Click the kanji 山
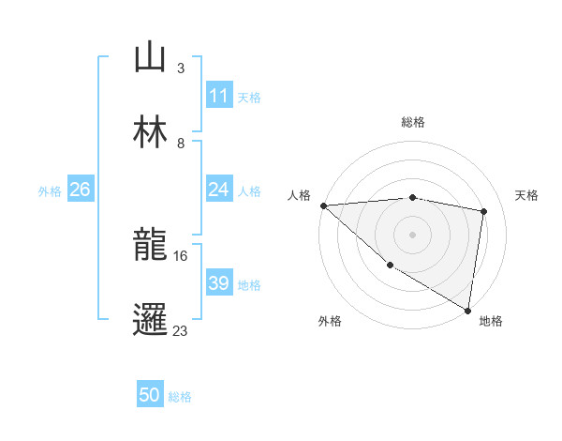[150, 58]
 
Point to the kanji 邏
[150, 320]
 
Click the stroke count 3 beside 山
[180, 68]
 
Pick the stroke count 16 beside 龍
[181, 255]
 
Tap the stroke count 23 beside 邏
[181, 330]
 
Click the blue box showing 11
[218, 96]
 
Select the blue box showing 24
[218, 190]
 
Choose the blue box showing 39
[218, 283]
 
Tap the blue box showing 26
[80, 190]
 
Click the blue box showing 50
[150, 396]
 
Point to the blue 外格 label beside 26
[50, 190]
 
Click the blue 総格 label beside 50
[180, 397]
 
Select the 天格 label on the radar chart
[527, 195]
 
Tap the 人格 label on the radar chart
[300, 195]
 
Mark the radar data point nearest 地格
[468, 310]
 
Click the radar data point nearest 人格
[323, 205]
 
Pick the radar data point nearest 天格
[484, 211]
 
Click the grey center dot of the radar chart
[412, 235]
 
